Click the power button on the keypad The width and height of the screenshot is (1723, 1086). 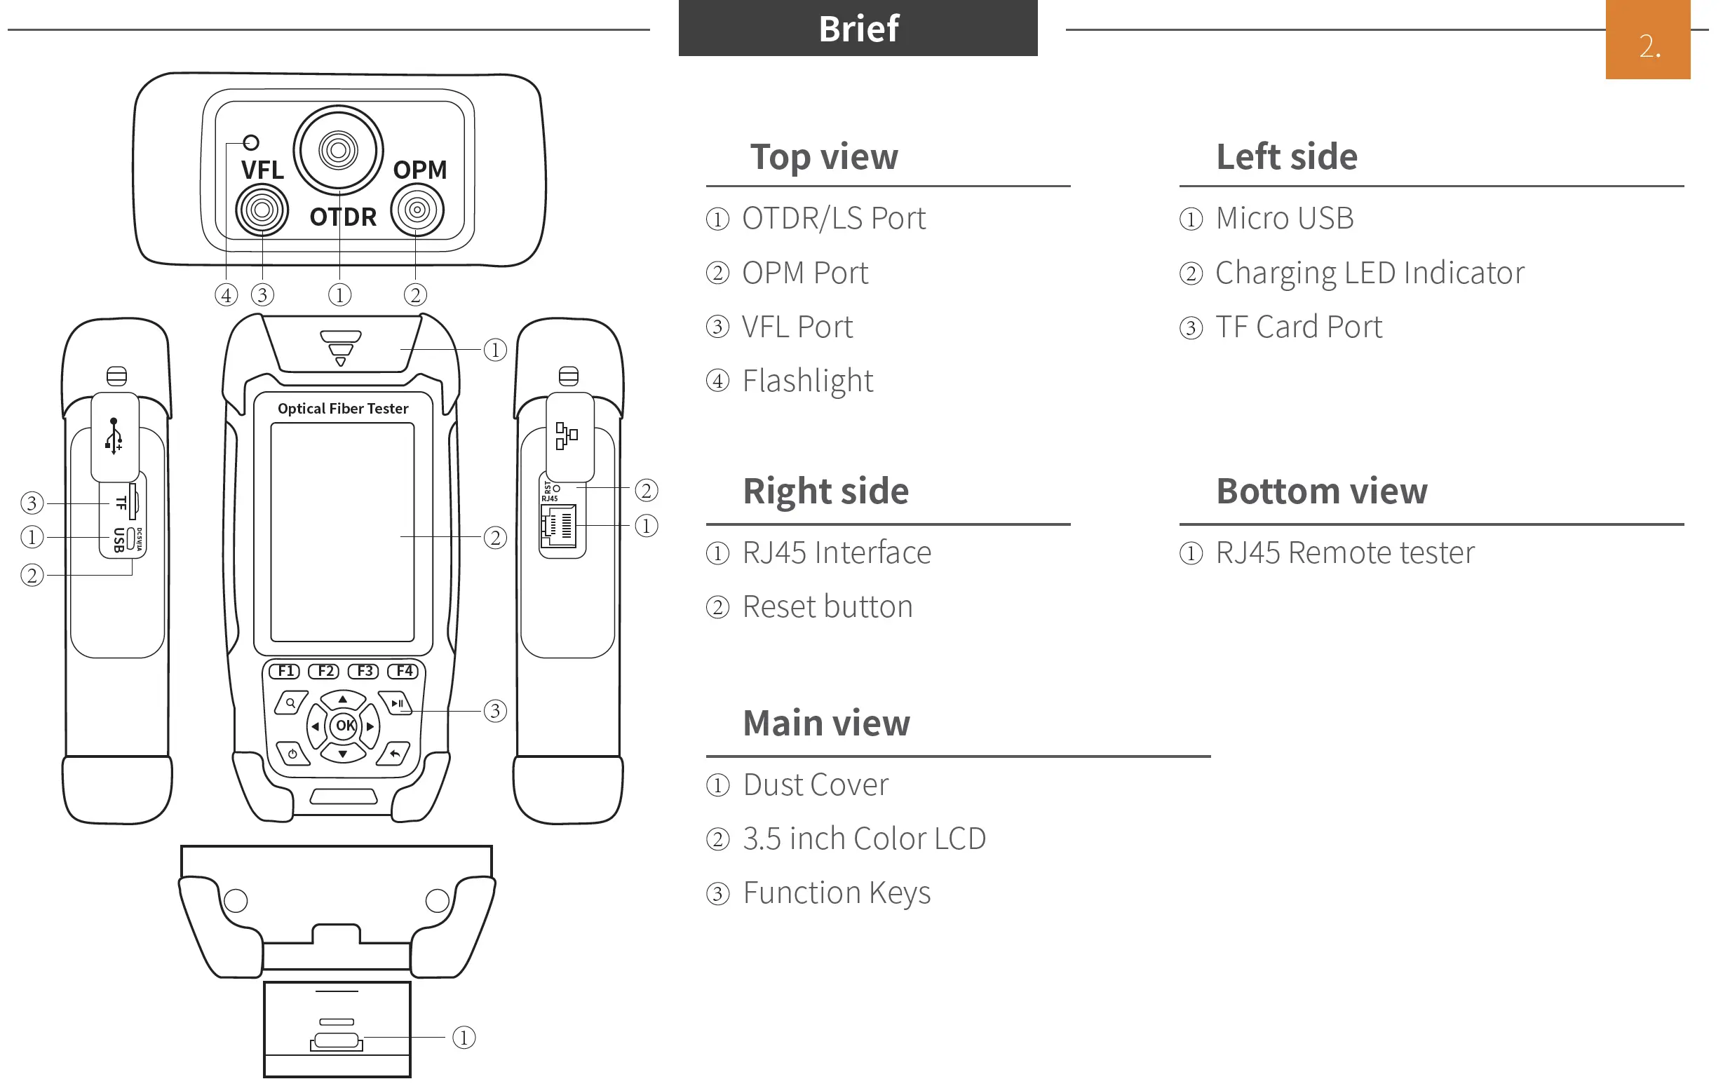[292, 754]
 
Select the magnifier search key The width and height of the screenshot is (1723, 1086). [290, 703]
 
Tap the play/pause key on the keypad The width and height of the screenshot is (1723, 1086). [396, 703]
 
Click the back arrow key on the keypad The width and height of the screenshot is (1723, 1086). [394, 754]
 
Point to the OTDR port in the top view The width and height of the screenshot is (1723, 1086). [339, 150]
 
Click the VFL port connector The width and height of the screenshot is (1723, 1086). [262, 210]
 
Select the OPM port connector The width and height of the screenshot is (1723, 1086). [417, 210]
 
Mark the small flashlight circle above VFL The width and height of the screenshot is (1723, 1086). [251, 142]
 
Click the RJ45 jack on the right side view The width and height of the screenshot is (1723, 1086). [560, 527]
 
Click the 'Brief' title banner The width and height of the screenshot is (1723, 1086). [857, 29]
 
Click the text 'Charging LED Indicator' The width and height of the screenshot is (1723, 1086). [1370, 273]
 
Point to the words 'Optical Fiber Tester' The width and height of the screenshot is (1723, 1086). [343, 409]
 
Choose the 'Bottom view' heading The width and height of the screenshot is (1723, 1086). [1321, 491]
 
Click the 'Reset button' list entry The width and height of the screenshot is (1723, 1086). [827, 606]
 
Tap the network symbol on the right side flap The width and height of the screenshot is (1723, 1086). [567, 435]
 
